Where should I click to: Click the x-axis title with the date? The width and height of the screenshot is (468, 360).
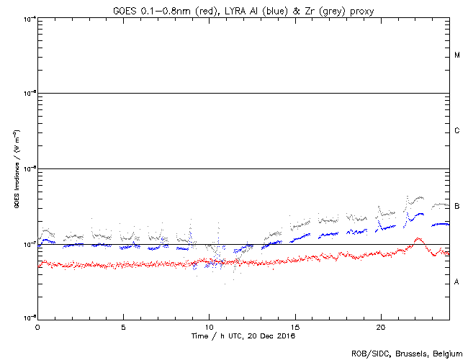[243, 336]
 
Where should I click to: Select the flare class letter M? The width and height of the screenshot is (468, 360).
[457, 55]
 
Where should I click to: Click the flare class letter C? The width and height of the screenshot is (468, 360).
[457, 131]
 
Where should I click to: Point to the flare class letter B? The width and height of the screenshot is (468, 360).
[457, 207]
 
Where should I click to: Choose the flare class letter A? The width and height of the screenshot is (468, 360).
[457, 282]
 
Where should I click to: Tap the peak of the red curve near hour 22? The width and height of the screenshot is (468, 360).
[417, 238]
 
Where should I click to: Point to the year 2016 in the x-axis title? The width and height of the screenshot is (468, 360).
[286, 336]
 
